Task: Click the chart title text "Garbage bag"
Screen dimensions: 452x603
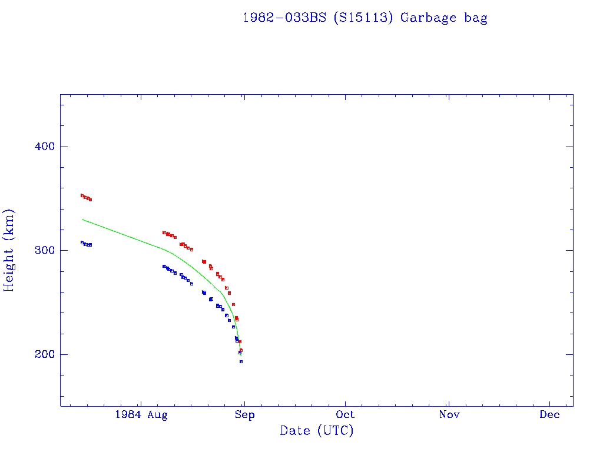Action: click(443, 18)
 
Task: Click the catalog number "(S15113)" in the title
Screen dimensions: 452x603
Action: click(362, 18)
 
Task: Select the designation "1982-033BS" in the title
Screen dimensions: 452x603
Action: click(285, 18)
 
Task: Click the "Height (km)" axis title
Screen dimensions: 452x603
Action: click(9, 250)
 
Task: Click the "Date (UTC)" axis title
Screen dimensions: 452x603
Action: click(317, 431)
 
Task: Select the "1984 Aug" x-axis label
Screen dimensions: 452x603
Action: click(141, 416)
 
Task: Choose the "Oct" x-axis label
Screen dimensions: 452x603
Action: click(346, 416)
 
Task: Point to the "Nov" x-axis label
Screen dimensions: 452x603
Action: click(449, 416)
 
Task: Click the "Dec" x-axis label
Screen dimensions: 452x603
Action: click(550, 416)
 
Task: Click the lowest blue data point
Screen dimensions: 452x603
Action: click(241, 361)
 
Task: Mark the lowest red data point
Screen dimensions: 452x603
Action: click(241, 350)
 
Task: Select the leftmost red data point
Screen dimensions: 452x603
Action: click(82, 195)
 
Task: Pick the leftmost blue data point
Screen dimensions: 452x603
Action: click(82, 242)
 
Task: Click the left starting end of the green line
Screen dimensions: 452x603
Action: click(83, 220)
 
